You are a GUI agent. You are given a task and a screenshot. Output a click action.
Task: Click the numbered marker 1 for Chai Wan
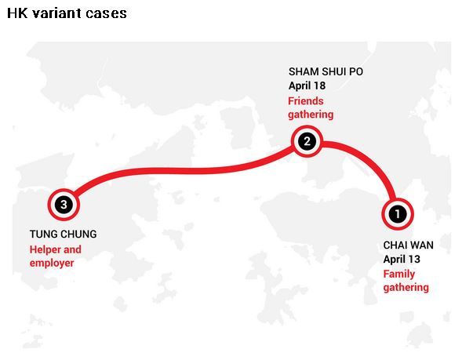coord(398,214)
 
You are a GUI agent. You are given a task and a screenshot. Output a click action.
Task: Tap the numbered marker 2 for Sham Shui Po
coord(307,141)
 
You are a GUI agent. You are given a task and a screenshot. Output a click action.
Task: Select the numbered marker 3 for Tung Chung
coord(64,205)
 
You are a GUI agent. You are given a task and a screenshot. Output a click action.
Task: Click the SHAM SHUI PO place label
coord(326,71)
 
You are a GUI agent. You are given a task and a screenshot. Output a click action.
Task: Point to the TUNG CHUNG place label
coord(63,234)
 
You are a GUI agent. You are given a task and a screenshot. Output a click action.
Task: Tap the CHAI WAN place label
coord(408,245)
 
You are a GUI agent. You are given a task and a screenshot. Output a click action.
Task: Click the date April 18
coord(307,85)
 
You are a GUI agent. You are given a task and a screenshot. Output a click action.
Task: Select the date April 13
coord(402,260)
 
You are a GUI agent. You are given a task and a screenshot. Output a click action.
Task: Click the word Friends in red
coord(306,101)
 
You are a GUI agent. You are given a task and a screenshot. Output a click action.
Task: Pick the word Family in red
coord(399,275)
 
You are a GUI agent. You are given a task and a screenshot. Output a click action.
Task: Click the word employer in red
coord(52,263)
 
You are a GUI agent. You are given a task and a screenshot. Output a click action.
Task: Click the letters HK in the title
coord(17,13)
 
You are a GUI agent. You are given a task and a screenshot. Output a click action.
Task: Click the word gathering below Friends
coord(311,115)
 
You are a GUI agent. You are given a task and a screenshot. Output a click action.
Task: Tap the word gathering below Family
coord(406,288)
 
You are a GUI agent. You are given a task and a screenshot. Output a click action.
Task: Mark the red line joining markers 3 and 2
coord(183,170)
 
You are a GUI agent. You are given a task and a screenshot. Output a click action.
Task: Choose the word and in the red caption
coord(72,250)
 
